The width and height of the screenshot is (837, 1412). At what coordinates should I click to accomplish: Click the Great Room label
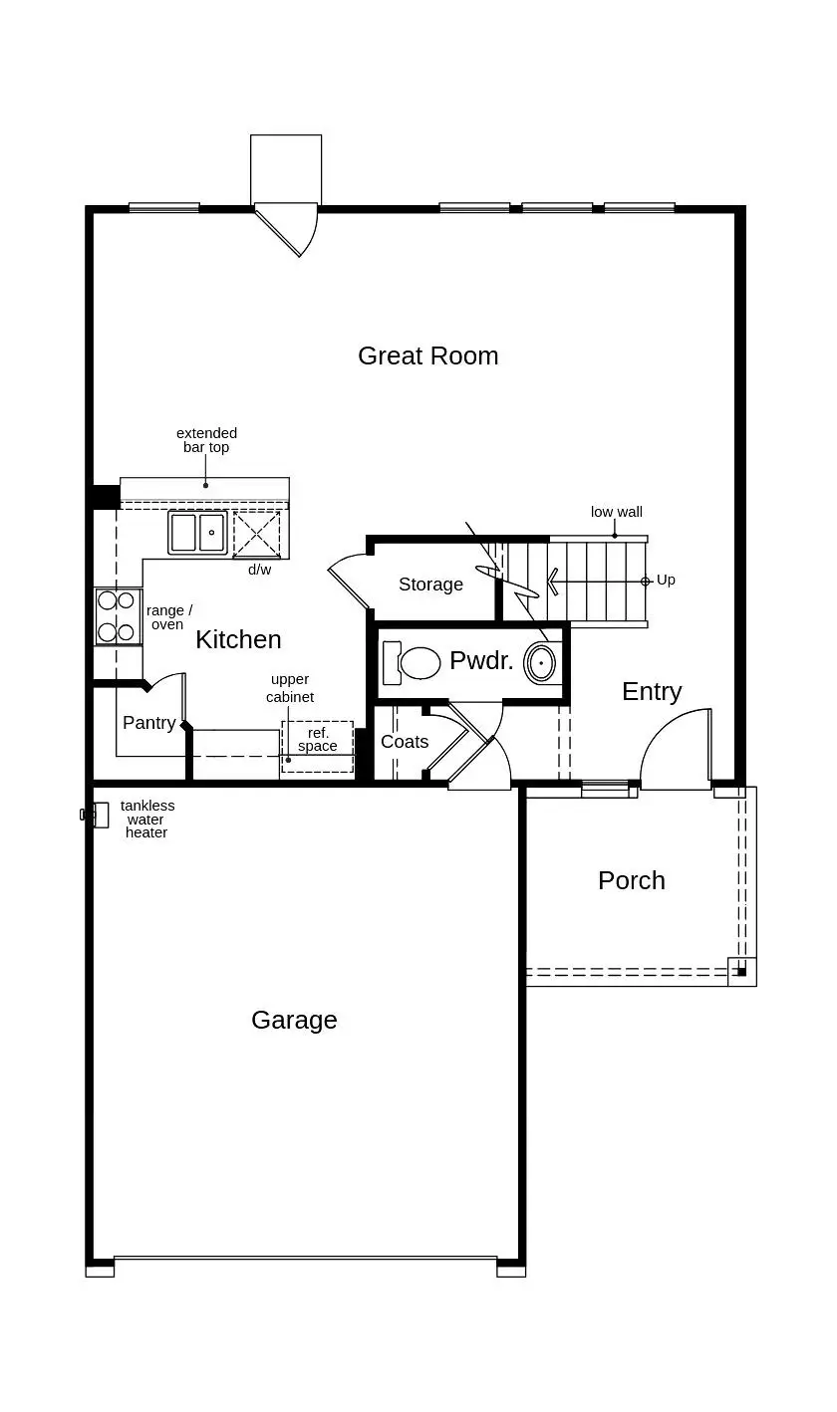point(427,356)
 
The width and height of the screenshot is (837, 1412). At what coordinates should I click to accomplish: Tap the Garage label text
point(294,1020)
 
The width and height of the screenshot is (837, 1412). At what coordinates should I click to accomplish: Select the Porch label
point(631,880)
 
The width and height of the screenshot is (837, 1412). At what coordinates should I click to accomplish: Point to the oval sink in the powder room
point(541,662)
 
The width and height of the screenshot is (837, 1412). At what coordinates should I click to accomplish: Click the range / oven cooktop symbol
point(117,616)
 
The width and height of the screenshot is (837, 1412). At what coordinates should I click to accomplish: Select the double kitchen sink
point(197,533)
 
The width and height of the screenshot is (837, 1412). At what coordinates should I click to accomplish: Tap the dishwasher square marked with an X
point(257,535)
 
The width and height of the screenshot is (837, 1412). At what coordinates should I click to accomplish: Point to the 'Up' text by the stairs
point(666,580)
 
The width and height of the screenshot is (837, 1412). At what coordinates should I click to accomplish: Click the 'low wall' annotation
point(616,512)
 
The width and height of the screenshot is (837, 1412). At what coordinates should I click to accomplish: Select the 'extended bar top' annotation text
point(206,440)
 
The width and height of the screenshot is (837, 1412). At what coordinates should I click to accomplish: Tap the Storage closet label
point(430,585)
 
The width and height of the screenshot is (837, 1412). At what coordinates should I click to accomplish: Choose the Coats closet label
point(405,742)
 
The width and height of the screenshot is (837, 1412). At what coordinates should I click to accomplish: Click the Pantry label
point(149,723)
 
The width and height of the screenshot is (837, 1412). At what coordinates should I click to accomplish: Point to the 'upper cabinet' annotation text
point(290,688)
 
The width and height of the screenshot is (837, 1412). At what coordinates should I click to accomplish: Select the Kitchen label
point(238,639)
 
